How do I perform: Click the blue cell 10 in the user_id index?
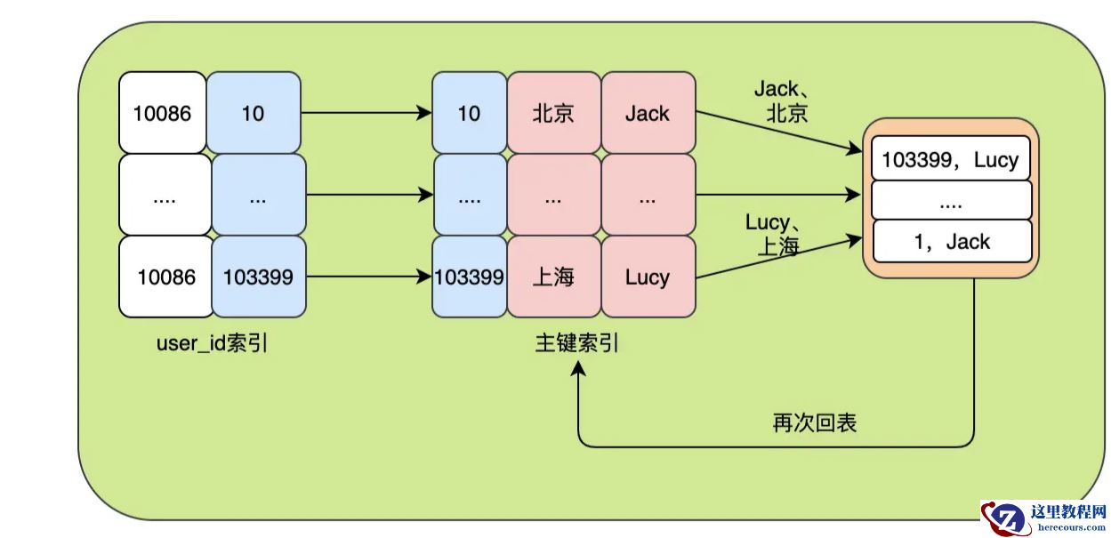coord(254,114)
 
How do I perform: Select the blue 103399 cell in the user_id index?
coord(258,277)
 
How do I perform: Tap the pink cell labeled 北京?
coord(553,114)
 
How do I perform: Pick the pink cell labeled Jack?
coord(648,114)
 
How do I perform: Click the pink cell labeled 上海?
coord(553,277)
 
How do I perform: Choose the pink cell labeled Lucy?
coord(648,277)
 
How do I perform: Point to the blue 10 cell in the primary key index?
coord(469,114)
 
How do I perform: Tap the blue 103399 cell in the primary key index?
coord(469,277)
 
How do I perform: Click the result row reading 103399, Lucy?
coord(950,161)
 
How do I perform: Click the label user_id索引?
coord(212,344)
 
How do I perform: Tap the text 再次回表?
coord(814,423)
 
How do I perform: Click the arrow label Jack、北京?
coord(782,101)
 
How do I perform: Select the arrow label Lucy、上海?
coord(773,235)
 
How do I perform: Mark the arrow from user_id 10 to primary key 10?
coord(365,114)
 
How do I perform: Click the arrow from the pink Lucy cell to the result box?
coord(778,257)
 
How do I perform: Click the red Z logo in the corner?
coord(1007,518)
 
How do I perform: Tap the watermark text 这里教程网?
coord(1067,512)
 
